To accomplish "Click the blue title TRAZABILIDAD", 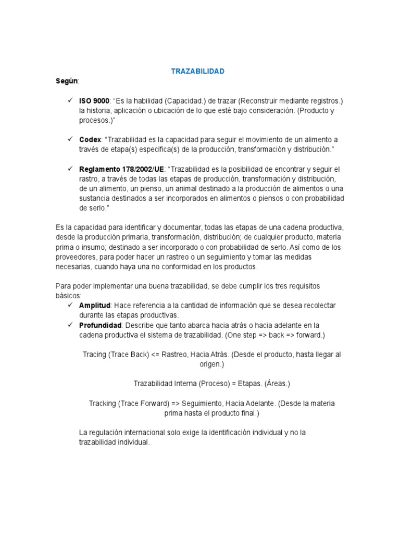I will pos(198,71).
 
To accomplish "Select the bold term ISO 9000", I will pos(94,100).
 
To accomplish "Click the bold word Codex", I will pos(90,140).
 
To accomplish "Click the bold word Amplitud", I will pos(95,306).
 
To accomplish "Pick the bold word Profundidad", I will pos(101,325).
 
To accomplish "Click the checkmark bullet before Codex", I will pos(69,139).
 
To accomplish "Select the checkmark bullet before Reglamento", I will pos(69,169).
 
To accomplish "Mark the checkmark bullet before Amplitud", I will pos(69,305).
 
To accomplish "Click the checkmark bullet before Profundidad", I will pos(69,325).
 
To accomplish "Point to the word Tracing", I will pos(95,354).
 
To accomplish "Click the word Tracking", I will pos(102,403).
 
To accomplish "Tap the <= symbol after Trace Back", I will pos(156,354).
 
